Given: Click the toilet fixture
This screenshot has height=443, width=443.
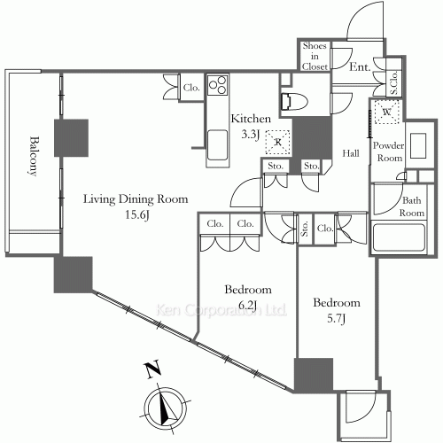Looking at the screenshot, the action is point(294,102).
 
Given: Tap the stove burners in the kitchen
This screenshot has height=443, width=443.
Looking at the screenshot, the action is point(218,85).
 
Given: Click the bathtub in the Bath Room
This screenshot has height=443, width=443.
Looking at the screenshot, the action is point(399,237).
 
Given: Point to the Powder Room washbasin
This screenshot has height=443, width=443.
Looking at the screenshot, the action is point(418,145).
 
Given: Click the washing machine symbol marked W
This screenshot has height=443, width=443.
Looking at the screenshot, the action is point(386,112).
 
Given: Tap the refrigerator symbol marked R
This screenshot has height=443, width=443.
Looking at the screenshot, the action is point(277,142).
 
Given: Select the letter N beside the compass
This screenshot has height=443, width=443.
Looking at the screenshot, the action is point(152,369).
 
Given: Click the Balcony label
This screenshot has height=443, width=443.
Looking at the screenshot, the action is point(35,156).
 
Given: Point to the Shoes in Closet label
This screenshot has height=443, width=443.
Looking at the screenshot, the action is point(315,56).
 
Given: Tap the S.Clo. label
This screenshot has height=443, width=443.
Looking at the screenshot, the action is point(394,82).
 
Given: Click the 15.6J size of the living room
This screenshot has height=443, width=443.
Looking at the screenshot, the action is point(137,214).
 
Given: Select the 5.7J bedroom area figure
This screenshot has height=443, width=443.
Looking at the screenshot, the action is point(337,318).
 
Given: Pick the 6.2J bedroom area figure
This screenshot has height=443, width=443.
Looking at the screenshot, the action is point(248,305).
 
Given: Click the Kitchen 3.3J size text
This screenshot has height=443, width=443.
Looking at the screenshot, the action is point(251,135).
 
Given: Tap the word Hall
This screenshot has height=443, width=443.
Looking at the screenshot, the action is point(351,153).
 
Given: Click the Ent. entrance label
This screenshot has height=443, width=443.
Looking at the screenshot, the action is point(360,66).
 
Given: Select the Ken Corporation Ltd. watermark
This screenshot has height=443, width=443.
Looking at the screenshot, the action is point(221,310).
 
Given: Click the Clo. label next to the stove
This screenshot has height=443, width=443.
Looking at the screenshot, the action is point(191,88).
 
